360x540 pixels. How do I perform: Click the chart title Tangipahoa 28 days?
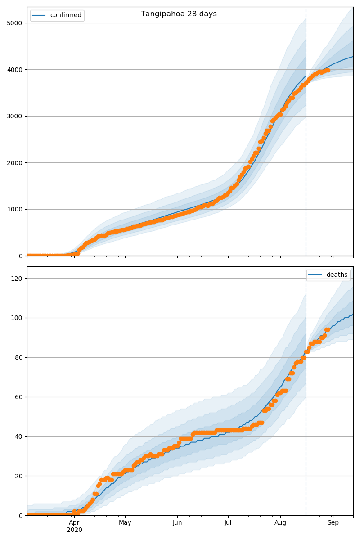[x=179, y=14]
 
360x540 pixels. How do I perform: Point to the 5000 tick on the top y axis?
[x=17, y=23]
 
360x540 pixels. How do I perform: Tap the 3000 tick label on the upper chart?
[x=17, y=116]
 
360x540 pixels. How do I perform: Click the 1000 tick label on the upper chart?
[x=17, y=209]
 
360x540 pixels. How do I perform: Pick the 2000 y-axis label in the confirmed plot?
[x=17, y=163]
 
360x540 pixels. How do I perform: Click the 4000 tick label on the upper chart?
[x=17, y=70]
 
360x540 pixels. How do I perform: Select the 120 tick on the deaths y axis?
[x=18, y=279]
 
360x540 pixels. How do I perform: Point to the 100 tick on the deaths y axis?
[x=18, y=318]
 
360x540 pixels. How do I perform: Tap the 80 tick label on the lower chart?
[x=20, y=357]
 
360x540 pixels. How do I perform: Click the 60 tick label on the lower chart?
[x=20, y=397]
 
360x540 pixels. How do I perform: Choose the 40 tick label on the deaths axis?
[x=20, y=436]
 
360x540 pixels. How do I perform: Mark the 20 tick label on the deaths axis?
[x=20, y=476]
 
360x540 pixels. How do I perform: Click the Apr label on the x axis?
[x=74, y=523]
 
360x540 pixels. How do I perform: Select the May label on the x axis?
[x=125, y=523]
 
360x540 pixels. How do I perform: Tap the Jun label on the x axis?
[x=177, y=523]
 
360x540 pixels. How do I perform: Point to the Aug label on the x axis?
[x=280, y=523]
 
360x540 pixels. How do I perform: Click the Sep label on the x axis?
[x=333, y=523]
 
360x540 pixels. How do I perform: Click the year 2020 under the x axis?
[x=74, y=530]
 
